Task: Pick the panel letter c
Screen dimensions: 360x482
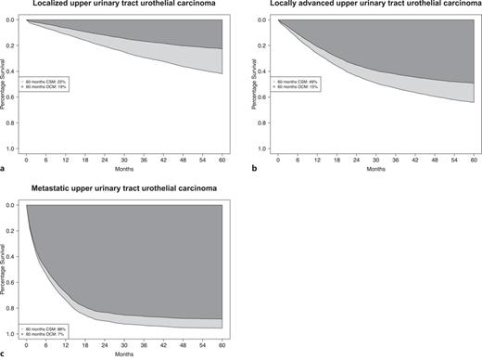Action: (x=5, y=354)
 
